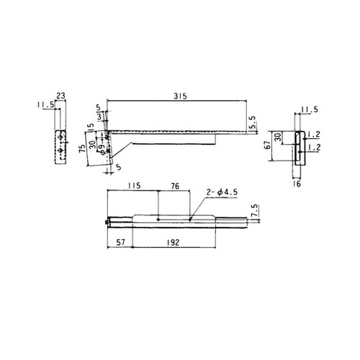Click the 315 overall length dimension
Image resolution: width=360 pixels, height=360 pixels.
pos(180,96)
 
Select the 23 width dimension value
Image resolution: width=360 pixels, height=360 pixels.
pos(60,96)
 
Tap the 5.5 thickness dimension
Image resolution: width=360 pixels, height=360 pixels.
pos(253,122)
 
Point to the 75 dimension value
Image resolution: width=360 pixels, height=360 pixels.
pos(82,149)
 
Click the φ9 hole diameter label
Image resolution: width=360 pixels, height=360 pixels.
pos(102,150)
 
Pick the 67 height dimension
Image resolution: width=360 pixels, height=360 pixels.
pos(267,145)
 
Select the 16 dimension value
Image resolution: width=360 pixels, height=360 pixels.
pos(297,184)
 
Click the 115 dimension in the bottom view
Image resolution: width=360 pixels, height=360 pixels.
pos(134,186)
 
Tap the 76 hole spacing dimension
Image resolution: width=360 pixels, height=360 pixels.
pos(175,186)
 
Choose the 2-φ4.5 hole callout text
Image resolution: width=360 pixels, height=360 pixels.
pos(222,192)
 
